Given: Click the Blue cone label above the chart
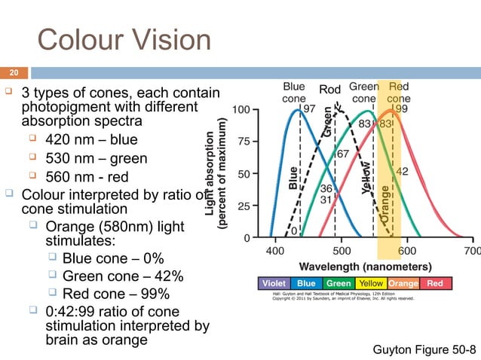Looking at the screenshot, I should click(x=293, y=92).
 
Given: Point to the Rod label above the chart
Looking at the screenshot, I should click(x=330, y=90).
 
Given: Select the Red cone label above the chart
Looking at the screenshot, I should click(x=399, y=92).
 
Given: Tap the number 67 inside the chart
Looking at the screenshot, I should click(x=342, y=154).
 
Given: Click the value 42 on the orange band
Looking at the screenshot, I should click(x=403, y=172).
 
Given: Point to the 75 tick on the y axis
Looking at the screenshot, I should click(x=243, y=141).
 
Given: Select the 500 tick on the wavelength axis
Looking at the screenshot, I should click(x=342, y=250).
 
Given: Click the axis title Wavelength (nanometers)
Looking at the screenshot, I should click(x=366, y=266).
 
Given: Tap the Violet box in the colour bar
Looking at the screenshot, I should click(x=273, y=283).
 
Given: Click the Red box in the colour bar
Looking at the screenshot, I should click(x=435, y=283).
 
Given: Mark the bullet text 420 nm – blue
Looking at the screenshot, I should click(x=91, y=140).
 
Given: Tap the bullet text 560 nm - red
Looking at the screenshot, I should click(x=87, y=178).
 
